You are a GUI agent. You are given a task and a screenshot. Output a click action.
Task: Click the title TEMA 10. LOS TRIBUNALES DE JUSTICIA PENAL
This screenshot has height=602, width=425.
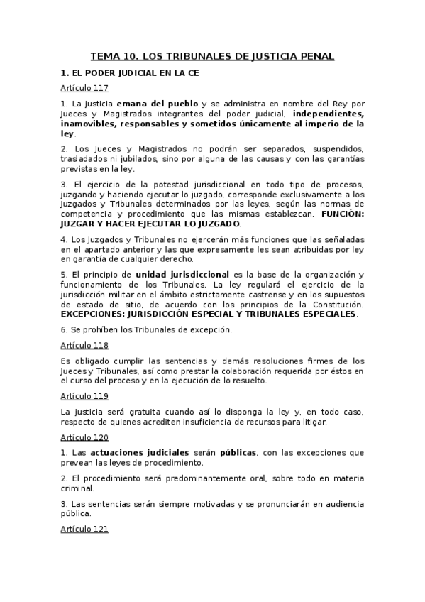[x=212, y=56]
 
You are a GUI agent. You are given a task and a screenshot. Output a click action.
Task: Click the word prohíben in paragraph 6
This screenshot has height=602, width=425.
[x=102, y=329]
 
